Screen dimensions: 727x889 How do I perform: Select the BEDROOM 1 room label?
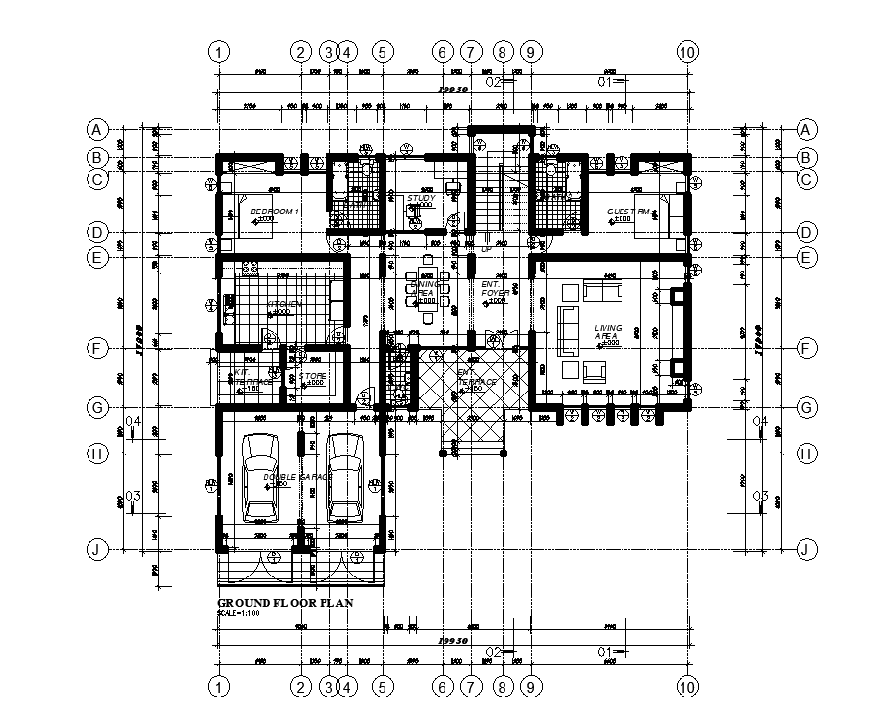274,212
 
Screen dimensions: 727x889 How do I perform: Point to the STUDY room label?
421,198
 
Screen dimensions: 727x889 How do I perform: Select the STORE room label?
313,376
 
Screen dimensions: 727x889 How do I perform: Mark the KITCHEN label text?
284,304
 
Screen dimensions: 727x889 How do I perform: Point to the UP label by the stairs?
486,249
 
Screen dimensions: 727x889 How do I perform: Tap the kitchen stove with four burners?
250,268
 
